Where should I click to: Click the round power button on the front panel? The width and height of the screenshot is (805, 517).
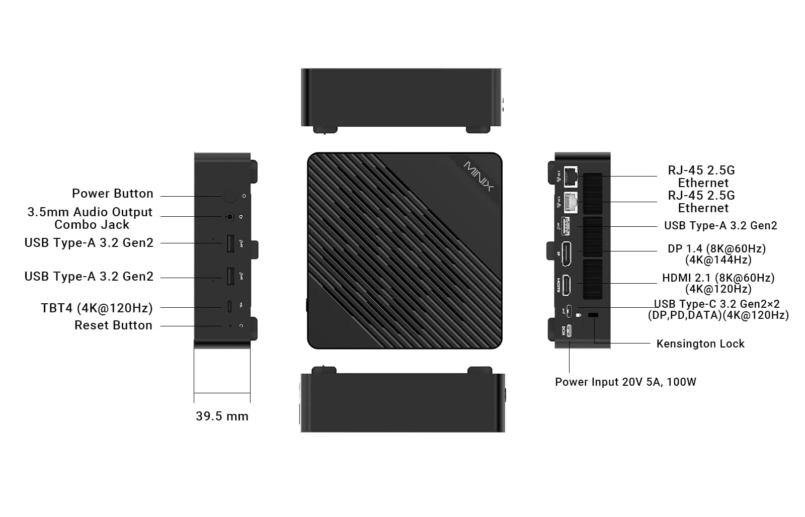(x=229, y=196)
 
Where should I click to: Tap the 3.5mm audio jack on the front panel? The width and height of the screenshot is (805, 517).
(x=229, y=217)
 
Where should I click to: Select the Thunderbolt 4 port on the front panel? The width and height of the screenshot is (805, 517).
(x=229, y=306)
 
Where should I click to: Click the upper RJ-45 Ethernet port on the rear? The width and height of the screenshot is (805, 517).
(x=571, y=177)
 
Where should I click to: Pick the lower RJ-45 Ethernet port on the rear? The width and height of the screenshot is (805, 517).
(x=571, y=202)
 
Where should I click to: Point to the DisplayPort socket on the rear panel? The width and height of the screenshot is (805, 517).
(x=566, y=254)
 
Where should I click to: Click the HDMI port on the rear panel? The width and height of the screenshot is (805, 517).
(x=566, y=285)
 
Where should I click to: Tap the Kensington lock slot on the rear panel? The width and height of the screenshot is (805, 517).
(x=593, y=315)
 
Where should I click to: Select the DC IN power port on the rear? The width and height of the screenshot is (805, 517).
(x=569, y=331)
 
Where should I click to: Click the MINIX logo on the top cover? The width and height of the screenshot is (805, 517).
(x=478, y=176)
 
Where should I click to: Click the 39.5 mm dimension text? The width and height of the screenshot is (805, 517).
(x=222, y=416)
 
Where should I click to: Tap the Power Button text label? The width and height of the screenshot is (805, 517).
(x=113, y=193)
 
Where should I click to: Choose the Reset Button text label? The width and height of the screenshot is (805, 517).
(x=113, y=325)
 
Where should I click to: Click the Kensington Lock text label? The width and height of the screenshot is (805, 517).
(x=700, y=344)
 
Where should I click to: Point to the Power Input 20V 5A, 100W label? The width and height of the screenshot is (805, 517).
(x=626, y=382)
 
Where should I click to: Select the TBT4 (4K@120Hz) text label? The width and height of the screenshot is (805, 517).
(x=97, y=308)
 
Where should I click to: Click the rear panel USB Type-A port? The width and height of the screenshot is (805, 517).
(x=566, y=226)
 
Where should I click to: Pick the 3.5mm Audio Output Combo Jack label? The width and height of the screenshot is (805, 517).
(x=90, y=218)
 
